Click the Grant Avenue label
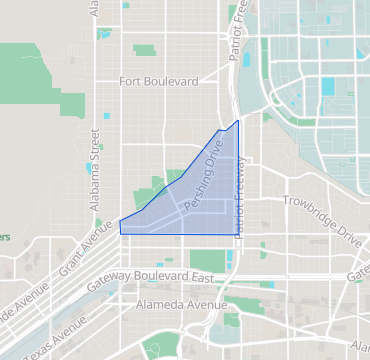[x=85, y=256]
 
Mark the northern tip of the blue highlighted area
[x=238, y=121]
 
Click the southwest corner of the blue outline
[x=121, y=234]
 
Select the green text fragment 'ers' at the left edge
[x=5, y=238]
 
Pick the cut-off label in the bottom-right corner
[x=359, y=345]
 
